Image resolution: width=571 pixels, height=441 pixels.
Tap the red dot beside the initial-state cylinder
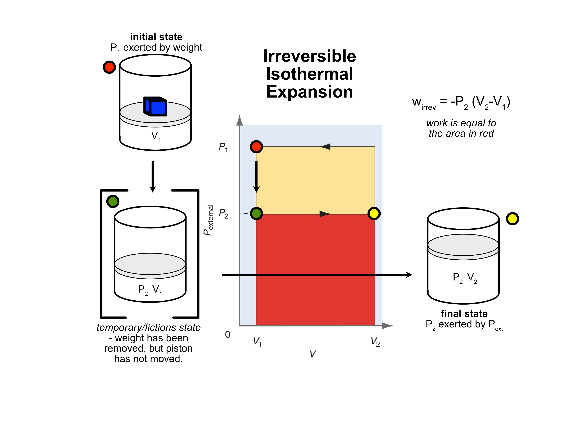click(109, 67)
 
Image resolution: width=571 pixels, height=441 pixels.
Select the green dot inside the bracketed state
click(113, 201)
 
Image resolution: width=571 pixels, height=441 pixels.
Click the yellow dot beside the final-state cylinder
click(512, 219)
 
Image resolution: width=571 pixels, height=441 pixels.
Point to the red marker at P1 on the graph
click(256, 147)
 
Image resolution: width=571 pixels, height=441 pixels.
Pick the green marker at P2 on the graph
click(256, 213)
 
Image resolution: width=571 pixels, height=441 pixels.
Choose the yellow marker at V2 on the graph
click(374, 213)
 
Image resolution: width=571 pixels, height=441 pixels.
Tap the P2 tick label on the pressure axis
click(223, 214)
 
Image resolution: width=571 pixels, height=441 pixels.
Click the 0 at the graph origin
click(228, 334)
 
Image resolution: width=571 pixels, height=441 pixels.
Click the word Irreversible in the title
click(310, 56)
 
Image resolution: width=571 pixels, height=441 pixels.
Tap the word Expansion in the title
click(310, 92)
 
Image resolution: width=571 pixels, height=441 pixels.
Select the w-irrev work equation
click(461, 102)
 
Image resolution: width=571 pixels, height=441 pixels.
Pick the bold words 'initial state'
click(156, 37)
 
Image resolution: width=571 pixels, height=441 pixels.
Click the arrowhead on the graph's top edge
click(325, 147)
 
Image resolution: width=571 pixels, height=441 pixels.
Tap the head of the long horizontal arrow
click(409, 275)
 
